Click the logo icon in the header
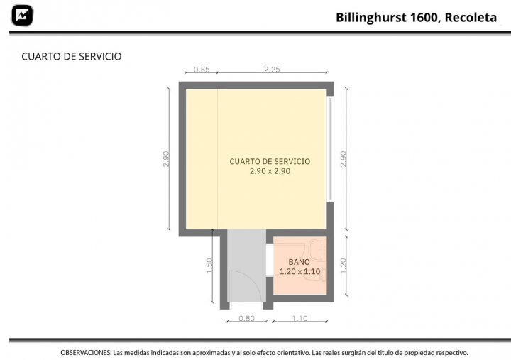(22, 16)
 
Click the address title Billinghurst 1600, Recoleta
(416, 18)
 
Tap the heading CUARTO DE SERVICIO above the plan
(72, 56)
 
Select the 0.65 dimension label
(202, 70)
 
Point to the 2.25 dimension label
(272, 70)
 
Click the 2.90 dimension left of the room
(166, 159)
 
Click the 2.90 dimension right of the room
(344, 159)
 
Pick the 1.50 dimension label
(209, 266)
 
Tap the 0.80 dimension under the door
(246, 318)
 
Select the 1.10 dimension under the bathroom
(300, 318)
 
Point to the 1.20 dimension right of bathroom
(344, 266)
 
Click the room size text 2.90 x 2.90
(270, 171)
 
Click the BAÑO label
(300, 262)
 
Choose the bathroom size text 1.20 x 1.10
(300, 272)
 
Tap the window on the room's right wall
(331, 149)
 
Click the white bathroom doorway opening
(270, 260)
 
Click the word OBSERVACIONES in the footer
(86, 353)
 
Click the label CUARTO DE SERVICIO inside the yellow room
(270, 161)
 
